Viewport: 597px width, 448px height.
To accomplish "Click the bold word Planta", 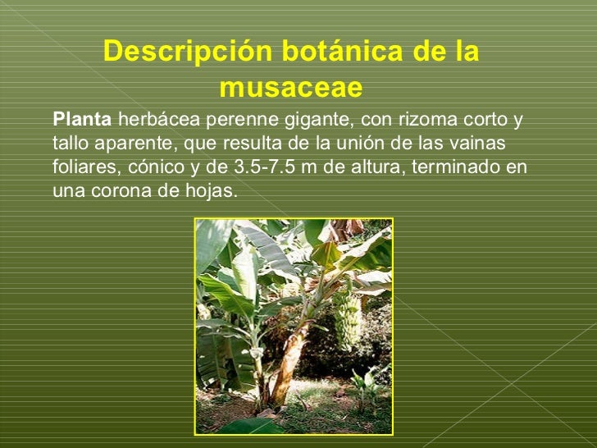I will point(82,120).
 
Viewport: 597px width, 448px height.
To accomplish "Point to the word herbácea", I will point(157,120).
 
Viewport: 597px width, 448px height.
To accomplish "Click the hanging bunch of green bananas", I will point(347,320).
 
